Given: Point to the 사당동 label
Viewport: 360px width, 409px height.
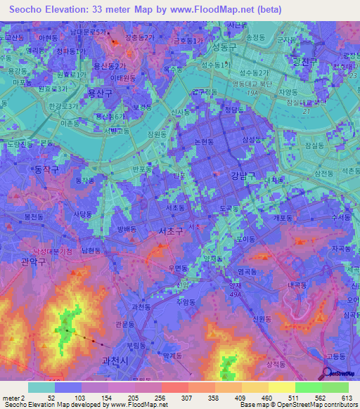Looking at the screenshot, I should click(84, 213).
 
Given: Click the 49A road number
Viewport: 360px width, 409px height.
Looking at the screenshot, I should click(236, 294).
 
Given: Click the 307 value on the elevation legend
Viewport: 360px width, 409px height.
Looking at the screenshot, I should click(179, 398).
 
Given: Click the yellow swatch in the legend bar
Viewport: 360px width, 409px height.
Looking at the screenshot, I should click(281, 387).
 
